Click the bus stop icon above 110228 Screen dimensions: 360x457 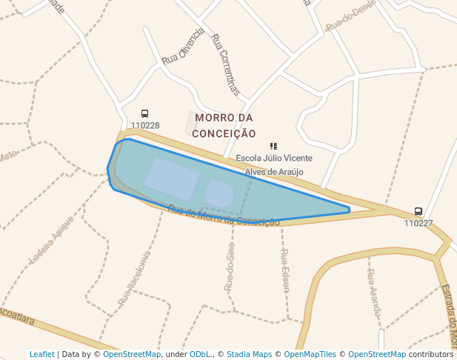point(144,114)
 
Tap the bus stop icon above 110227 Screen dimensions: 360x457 point(418,212)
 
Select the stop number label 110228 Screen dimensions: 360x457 point(144,125)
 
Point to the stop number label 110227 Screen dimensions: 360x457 point(418,223)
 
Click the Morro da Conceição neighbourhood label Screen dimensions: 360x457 point(224,126)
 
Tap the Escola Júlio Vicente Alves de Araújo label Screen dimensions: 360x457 point(274,164)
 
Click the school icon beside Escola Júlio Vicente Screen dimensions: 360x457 point(273,147)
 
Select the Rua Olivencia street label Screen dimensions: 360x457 point(183,46)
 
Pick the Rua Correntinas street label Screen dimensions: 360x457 point(226,64)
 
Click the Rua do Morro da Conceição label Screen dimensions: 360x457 point(224,216)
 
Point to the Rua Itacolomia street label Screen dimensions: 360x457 point(135,279)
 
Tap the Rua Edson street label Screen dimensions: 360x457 point(284,271)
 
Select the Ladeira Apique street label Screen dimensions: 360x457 point(52,239)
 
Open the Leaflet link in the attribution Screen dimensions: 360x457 point(41,355)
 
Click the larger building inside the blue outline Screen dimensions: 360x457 point(172,179)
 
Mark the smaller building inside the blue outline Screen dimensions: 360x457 point(219,193)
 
